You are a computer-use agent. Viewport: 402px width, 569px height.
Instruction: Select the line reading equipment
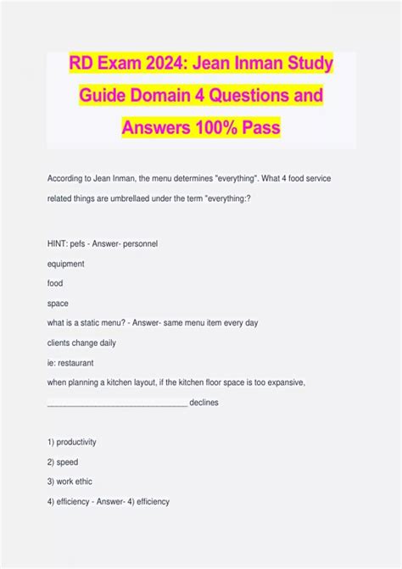(67, 263)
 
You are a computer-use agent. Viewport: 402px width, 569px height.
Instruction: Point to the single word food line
(56, 283)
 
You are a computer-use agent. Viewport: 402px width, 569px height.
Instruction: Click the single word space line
(59, 303)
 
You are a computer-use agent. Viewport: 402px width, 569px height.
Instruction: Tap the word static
(93, 323)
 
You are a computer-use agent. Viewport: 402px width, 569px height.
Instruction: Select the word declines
(204, 403)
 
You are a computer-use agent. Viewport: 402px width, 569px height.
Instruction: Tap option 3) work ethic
(70, 482)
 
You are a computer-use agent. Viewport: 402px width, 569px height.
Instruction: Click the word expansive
(275, 382)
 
